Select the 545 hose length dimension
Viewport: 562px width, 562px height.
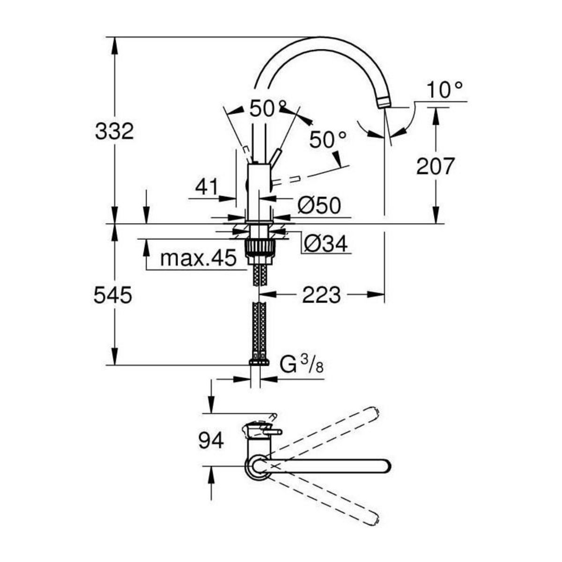[x=113, y=296]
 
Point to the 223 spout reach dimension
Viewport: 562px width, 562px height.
[x=321, y=295]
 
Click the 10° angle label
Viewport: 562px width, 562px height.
[x=445, y=89]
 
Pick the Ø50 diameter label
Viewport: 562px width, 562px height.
[x=319, y=206]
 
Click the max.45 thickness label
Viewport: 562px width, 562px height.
[x=198, y=258]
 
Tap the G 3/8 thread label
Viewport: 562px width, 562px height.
[x=302, y=364]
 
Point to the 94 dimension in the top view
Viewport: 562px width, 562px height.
[x=211, y=441]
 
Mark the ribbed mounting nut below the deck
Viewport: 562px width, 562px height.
[x=258, y=247]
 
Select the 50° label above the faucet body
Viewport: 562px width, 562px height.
[x=267, y=109]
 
